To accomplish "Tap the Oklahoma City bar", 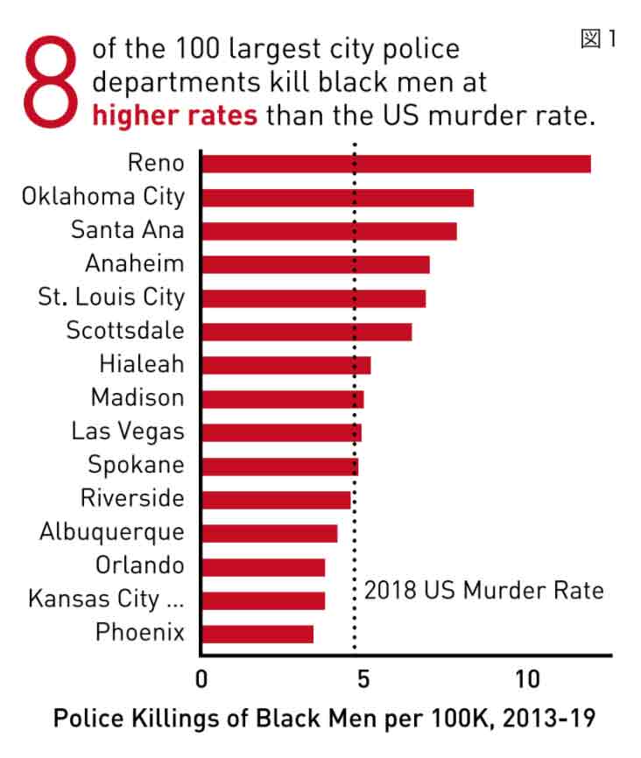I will click(x=337, y=197).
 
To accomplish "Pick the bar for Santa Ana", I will click(x=329, y=231).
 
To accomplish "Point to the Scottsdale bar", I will click(x=306, y=332).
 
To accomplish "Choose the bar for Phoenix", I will click(x=257, y=634).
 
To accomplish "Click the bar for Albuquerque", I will click(x=270, y=533).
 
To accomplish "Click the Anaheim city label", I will click(x=135, y=264).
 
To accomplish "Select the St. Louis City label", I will click(x=111, y=298).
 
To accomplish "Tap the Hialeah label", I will click(x=141, y=365).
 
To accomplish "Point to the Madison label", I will click(x=137, y=398).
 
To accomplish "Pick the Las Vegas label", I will click(x=128, y=432).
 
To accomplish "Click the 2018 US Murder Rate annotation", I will click(x=483, y=591).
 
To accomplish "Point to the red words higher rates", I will click(x=175, y=116).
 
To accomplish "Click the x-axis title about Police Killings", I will click(x=325, y=719).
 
